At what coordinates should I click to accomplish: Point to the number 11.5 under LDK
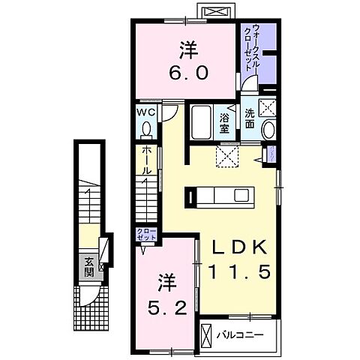point(238,274)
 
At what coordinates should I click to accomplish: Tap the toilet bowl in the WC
point(146,130)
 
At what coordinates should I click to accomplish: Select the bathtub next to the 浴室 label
point(202,123)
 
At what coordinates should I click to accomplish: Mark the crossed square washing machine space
point(267,106)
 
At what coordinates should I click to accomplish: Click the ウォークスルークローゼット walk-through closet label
point(250,49)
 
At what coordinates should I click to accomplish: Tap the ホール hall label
point(147,160)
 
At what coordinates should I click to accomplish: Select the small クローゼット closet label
point(146,233)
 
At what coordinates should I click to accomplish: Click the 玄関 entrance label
point(88,266)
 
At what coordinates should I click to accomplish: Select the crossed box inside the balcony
point(207,334)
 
